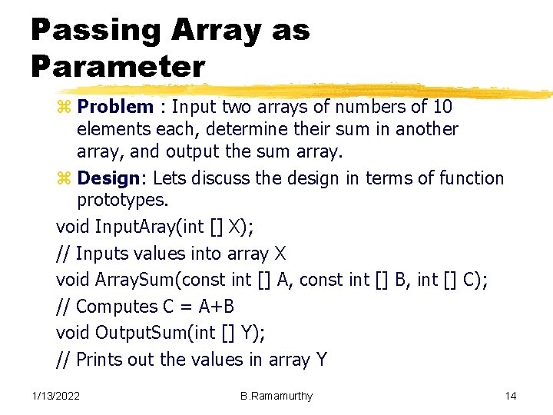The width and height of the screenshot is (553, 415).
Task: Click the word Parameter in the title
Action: [118, 66]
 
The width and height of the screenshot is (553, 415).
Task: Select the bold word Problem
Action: [115, 107]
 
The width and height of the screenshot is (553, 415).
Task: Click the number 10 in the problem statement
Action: [442, 107]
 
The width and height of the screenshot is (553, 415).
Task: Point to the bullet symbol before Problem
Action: [65, 108]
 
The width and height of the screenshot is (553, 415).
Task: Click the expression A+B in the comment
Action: [217, 307]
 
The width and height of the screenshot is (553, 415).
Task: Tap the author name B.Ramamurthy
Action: [276, 396]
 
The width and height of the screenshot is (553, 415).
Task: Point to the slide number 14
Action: [511, 396]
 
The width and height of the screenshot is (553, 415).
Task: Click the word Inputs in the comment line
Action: [103, 254]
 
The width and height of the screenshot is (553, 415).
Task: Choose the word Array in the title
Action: [217, 31]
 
